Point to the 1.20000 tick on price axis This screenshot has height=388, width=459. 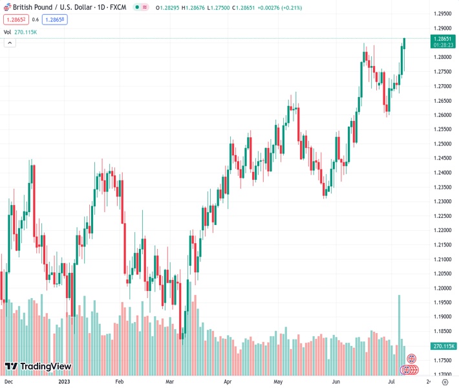442,288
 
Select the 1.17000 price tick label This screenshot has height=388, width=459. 442,374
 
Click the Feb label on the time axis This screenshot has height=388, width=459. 119,382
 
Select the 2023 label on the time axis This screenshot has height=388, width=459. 64,382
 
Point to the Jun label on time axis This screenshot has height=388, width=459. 336,382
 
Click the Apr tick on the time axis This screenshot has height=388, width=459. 228,382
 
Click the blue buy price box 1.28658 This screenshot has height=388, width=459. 55,19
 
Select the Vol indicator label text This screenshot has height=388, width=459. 7,32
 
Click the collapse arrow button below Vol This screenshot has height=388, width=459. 10,43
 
